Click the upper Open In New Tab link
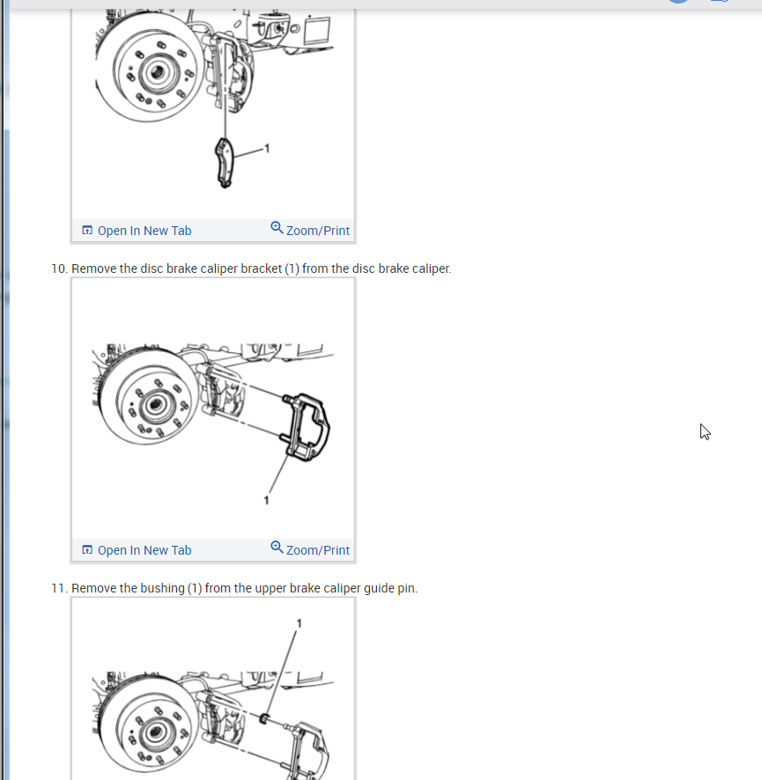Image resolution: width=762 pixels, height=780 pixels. (x=137, y=231)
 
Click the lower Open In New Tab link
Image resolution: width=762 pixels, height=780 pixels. (x=137, y=550)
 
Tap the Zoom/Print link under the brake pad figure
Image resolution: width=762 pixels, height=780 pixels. (x=310, y=230)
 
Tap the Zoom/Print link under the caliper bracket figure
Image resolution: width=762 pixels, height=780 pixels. (x=310, y=549)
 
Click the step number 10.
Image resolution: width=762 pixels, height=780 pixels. (x=59, y=269)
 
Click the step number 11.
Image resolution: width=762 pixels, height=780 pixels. (x=59, y=588)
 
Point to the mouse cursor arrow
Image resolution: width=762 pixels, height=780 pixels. (x=704, y=431)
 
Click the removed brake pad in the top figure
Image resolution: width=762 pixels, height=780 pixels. (x=224, y=163)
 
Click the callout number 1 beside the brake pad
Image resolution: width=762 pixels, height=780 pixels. (x=267, y=148)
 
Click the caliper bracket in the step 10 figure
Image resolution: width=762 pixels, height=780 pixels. (x=306, y=427)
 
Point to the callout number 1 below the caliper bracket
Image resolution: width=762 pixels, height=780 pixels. (x=266, y=500)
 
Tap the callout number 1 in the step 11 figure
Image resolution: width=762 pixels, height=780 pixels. (x=300, y=623)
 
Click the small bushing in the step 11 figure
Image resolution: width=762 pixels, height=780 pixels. (x=264, y=718)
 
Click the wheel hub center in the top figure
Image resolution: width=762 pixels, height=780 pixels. (x=158, y=72)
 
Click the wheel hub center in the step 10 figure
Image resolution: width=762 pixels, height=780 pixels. (x=155, y=404)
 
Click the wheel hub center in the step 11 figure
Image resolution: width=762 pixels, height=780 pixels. (x=155, y=732)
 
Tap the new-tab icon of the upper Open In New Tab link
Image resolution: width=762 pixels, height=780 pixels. (x=87, y=231)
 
